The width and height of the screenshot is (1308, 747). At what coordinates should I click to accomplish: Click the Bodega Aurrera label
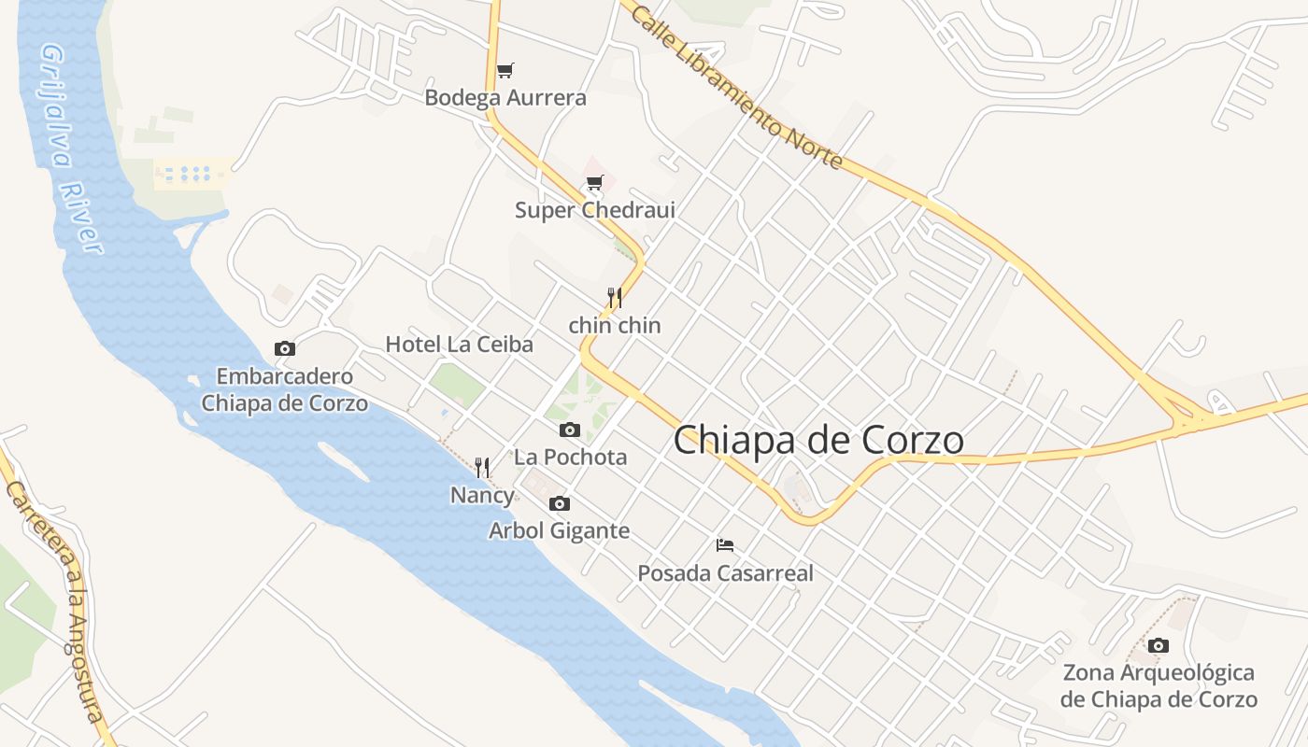coord(505,97)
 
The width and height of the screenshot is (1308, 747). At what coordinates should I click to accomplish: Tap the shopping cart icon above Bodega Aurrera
coord(505,70)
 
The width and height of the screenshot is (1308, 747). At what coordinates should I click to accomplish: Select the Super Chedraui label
coord(594,210)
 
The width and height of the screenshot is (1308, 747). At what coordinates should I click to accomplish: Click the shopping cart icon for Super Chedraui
coord(595,182)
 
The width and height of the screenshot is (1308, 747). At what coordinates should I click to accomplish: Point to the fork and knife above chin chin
coord(615,298)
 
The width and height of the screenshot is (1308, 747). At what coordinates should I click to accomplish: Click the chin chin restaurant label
coord(615,325)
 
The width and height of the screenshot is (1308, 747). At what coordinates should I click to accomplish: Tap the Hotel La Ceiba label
coord(460,344)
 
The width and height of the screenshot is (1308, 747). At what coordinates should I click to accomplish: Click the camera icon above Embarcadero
coord(285,348)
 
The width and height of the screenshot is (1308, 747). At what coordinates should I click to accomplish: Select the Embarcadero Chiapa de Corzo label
coord(284,390)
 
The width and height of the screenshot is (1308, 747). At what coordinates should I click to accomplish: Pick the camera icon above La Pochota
coord(570,430)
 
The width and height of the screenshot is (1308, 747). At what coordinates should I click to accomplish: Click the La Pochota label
coord(570,458)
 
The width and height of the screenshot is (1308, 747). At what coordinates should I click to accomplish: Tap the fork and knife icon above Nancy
coord(482,467)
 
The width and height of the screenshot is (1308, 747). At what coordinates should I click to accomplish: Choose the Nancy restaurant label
coord(482,495)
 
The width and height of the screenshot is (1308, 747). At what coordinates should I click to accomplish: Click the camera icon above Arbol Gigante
coord(560,503)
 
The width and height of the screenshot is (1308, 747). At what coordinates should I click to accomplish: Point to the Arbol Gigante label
coord(560,531)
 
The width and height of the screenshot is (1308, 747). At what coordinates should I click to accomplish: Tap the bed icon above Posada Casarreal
coord(725,544)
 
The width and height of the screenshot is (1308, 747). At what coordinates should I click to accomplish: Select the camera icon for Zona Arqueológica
coord(1159,645)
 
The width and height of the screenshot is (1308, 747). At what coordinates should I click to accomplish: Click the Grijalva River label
coord(71,149)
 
